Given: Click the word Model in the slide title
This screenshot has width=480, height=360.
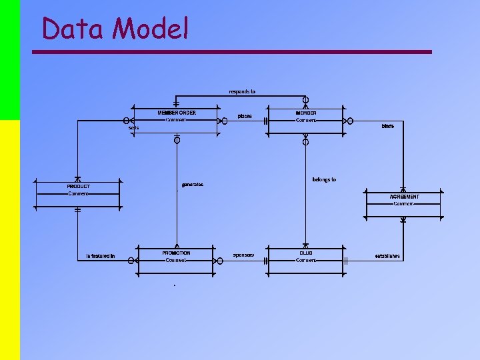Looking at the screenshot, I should pyautogui.click(x=151, y=29).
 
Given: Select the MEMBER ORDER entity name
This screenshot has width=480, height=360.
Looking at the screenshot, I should pyautogui.click(x=177, y=113).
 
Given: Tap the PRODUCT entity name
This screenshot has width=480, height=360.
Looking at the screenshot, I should pyautogui.click(x=79, y=187).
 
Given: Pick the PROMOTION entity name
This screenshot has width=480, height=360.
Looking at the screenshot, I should pyautogui.click(x=176, y=253).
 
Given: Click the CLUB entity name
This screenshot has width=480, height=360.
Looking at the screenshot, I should pyautogui.click(x=305, y=253).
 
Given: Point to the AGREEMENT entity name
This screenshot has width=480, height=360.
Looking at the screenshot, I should pyautogui.click(x=404, y=197).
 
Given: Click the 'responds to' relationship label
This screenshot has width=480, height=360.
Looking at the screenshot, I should pyautogui.click(x=242, y=91).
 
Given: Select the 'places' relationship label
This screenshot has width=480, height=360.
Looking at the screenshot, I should pyautogui.click(x=245, y=116).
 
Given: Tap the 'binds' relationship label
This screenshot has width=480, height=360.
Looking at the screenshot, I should pyautogui.click(x=387, y=126).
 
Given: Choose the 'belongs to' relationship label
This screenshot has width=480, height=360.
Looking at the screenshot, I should pyautogui.click(x=324, y=179).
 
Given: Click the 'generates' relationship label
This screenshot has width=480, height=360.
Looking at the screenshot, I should pyautogui.click(x=193, y=185).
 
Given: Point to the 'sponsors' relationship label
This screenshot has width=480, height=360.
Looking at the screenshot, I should pyautogui.click(x=243, y=255).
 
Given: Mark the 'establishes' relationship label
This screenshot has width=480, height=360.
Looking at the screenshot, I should pyautogui.click(x=387, y=256).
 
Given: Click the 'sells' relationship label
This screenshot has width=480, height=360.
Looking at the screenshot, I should pyautogui.click(x=134, y=128).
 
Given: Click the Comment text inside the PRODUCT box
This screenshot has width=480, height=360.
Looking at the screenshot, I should pyautogui.click(x=78, y=194).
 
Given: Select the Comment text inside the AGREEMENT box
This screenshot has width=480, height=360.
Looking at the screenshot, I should pyautogui.click(x=403, y=204).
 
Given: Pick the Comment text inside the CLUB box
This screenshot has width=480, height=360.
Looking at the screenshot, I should pyautogui.click(x=306, y=261).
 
